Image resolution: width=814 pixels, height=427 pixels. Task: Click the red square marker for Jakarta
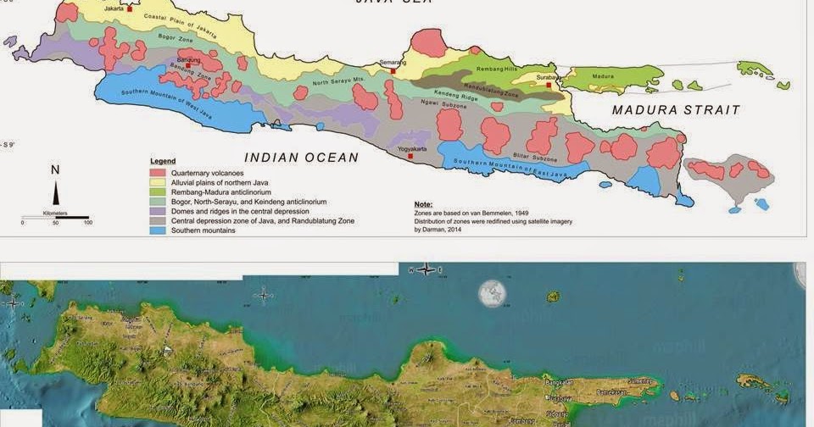coord(130,8)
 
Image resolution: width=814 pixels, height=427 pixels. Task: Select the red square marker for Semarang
coord(392,72)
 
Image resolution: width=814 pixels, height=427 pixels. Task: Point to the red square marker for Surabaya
coord(549,85)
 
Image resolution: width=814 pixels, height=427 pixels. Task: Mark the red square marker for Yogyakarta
coord(410,156)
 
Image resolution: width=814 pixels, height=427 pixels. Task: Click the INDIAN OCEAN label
coord(301,158)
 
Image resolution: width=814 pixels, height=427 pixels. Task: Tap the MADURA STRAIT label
coord(676,110)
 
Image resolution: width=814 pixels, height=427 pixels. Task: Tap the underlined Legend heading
coord(163,160)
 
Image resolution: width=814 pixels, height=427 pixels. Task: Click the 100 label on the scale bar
coord(87,223)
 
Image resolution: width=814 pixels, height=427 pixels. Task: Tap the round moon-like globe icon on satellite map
coord(492,293)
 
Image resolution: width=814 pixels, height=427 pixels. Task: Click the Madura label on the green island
coord(602,77)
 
